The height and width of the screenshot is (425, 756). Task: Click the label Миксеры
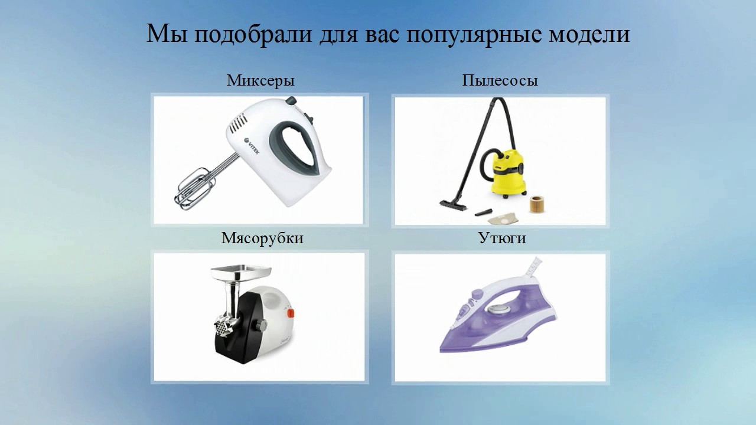tap(260, 81)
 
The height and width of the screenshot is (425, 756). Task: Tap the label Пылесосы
tap(500, 81)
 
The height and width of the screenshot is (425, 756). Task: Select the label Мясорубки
tap(262, 238)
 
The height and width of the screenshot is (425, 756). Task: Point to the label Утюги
tap(502, 239)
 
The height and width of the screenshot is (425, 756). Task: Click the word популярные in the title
tap(470, 35)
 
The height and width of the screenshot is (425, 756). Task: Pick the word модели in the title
tap(592, 35)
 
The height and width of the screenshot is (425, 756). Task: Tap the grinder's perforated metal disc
tap(223, 325)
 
